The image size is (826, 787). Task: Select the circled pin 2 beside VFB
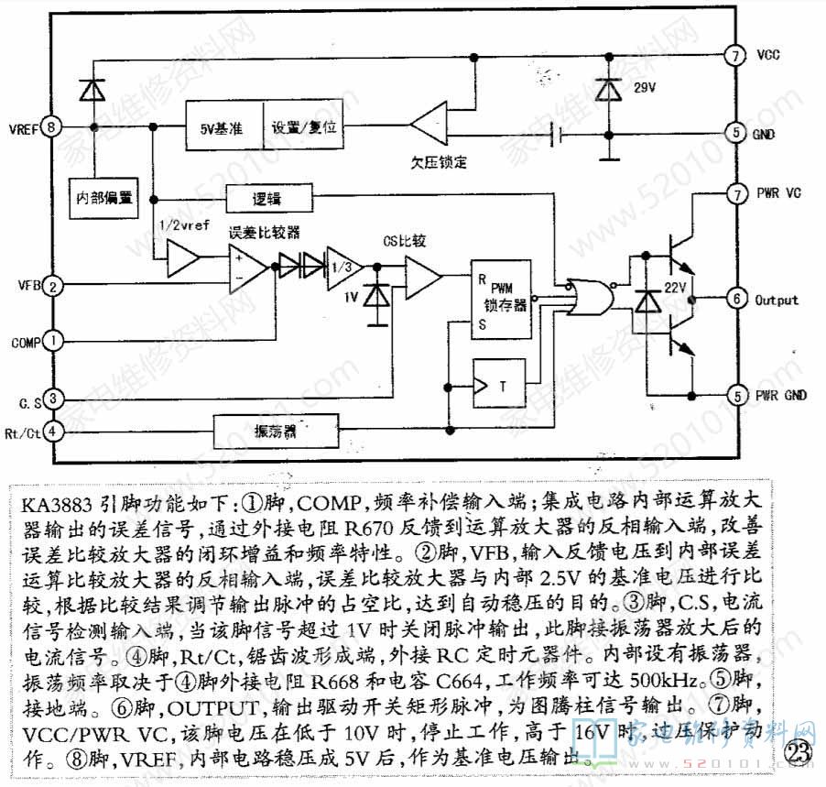click(54, 287)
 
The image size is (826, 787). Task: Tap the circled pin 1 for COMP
click(54, 341)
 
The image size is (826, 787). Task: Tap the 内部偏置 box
click(103, 196)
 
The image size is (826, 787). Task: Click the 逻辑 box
click(267, 199)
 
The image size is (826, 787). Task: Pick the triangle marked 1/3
click(341, 266)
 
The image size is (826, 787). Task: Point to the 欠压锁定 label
click(439, 162)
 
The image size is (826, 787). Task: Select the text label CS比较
click(401, 242)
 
